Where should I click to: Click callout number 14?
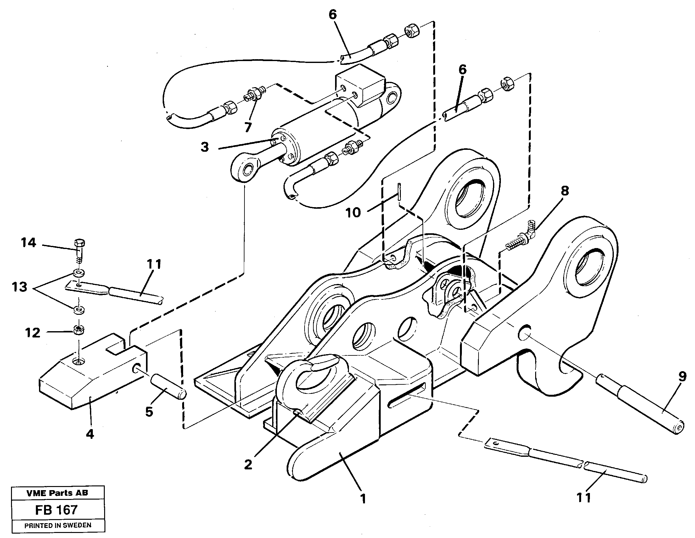[x=29, y=243]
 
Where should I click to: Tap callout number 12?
[x=32, y=333]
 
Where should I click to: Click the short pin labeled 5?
[x=168, y=386]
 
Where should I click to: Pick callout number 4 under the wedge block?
[x=90, y=433]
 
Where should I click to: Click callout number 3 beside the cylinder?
[x=205, y=147]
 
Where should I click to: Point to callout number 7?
[x=248, y=127]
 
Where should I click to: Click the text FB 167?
[x=56, y=510]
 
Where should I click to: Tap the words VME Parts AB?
[x=57, y=493]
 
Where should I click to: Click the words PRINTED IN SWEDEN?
[x=58, y=525]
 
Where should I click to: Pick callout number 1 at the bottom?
[x=362, y=498]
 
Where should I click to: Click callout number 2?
[x=248, y=464]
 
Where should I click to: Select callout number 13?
[x=20, y=287]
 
